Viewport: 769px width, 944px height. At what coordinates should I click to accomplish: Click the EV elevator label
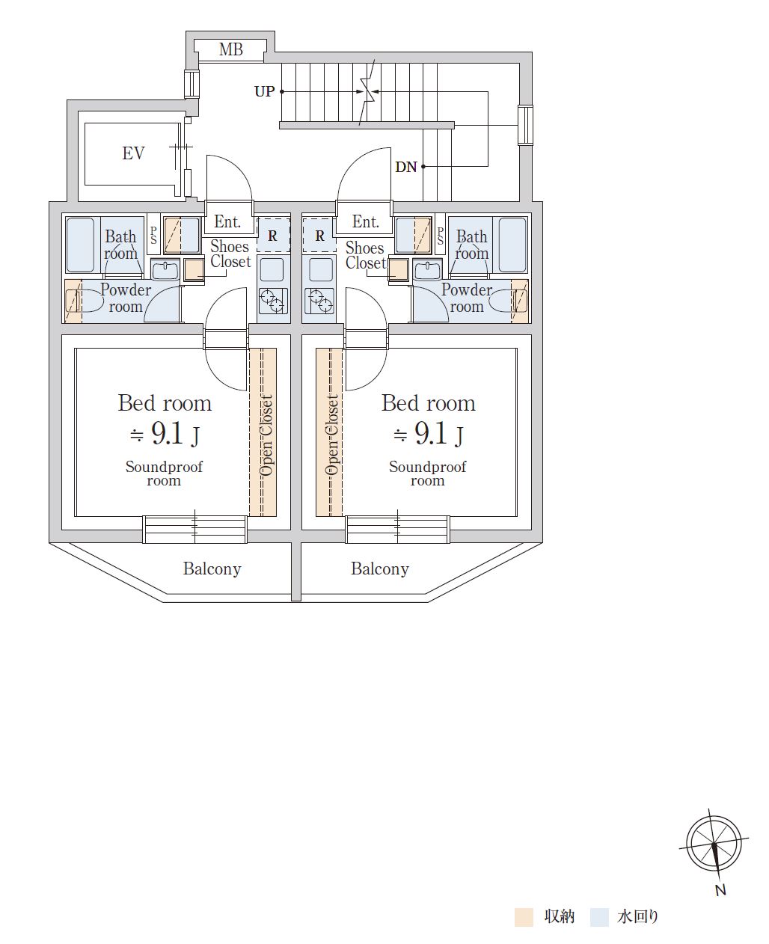[x=133, y=153]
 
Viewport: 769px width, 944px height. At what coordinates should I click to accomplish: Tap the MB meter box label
[x=231, y=49]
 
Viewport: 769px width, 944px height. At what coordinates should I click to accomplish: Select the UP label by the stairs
[x=265, y=91]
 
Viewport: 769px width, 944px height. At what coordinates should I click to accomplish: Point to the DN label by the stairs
[x=406, y=167]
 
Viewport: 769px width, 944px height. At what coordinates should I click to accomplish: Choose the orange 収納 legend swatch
[x=524, y=917]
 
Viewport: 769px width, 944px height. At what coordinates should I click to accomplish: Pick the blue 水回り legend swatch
[x=599, y=917]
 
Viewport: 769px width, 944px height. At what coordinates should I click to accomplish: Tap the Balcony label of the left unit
[x=212, y=568]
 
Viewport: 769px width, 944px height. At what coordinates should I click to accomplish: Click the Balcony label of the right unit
[x=380, y=568]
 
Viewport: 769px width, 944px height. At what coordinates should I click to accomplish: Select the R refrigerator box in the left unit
[x=273, y=236]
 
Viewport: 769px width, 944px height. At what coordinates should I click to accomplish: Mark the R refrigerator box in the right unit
[x=319, y=236]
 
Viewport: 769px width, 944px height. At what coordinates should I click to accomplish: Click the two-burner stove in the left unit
[x=273, y=301]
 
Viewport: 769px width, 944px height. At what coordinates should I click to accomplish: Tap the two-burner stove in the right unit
[x=319, y=301]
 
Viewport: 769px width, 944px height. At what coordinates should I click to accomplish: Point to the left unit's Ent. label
[x=227, y=221]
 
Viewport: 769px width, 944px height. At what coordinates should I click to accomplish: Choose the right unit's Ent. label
[x=366, y=221]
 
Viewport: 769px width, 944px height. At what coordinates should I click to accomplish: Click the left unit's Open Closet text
[x=266, y=435]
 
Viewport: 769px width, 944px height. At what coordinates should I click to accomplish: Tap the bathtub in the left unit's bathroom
[x=80, y=245]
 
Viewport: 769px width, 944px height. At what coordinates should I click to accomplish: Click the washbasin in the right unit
[x=426, y=270]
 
